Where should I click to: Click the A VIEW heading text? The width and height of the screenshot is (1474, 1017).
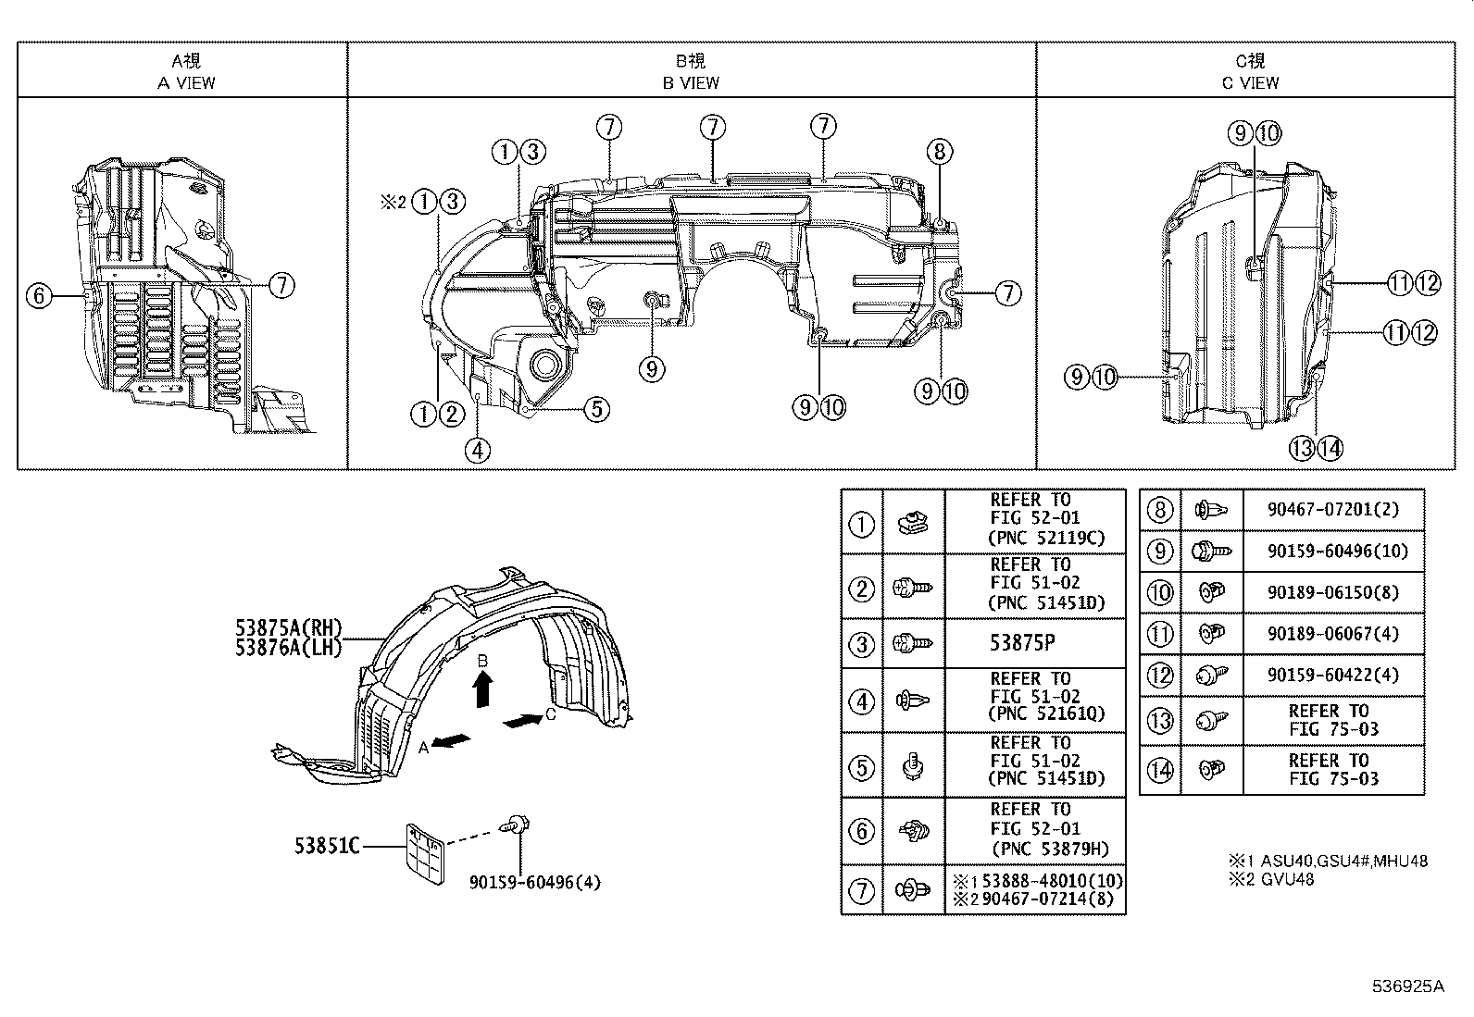coord(186,82)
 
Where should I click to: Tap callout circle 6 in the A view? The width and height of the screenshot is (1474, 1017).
coord(39,296)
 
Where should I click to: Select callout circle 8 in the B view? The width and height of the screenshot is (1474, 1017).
coord(939,151)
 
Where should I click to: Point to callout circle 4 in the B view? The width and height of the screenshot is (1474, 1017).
coord(478,451)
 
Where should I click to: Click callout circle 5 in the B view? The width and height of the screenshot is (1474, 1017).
coord(597,408)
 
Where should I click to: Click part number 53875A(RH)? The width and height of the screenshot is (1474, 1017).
coord(288,629)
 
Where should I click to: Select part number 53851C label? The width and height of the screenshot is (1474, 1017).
coord(327,846)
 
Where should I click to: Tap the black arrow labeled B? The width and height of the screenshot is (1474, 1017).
coord(482,689)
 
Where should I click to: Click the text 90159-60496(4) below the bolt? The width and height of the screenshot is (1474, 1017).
coord(534,882)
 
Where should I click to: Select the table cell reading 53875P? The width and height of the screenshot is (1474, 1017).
coord(1034,643)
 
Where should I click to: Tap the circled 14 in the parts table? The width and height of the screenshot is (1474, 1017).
coord(1159,770)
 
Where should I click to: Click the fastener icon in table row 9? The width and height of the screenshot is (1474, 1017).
coord(1211,551)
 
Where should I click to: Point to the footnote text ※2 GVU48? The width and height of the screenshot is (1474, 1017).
coord(1270,879)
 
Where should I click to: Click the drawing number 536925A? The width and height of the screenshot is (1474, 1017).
coord(1407,986)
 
